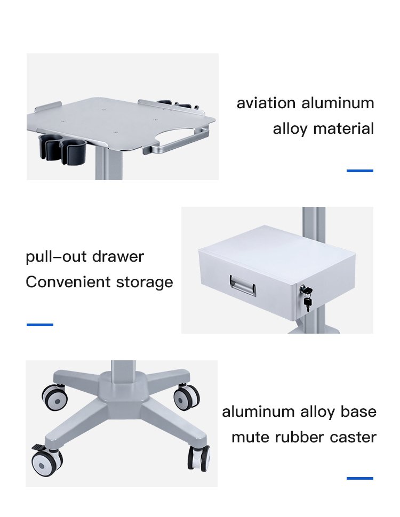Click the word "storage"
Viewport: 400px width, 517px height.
pyautogui.click(x=145, y=282)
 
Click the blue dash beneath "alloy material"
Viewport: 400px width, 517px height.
pyautogui.click(x=360, y=171)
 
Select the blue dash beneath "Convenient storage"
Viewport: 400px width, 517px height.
pyautogui.click(x=40, y=324)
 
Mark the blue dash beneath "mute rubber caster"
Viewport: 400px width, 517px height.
pyautogui.click(x=360, y=478)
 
